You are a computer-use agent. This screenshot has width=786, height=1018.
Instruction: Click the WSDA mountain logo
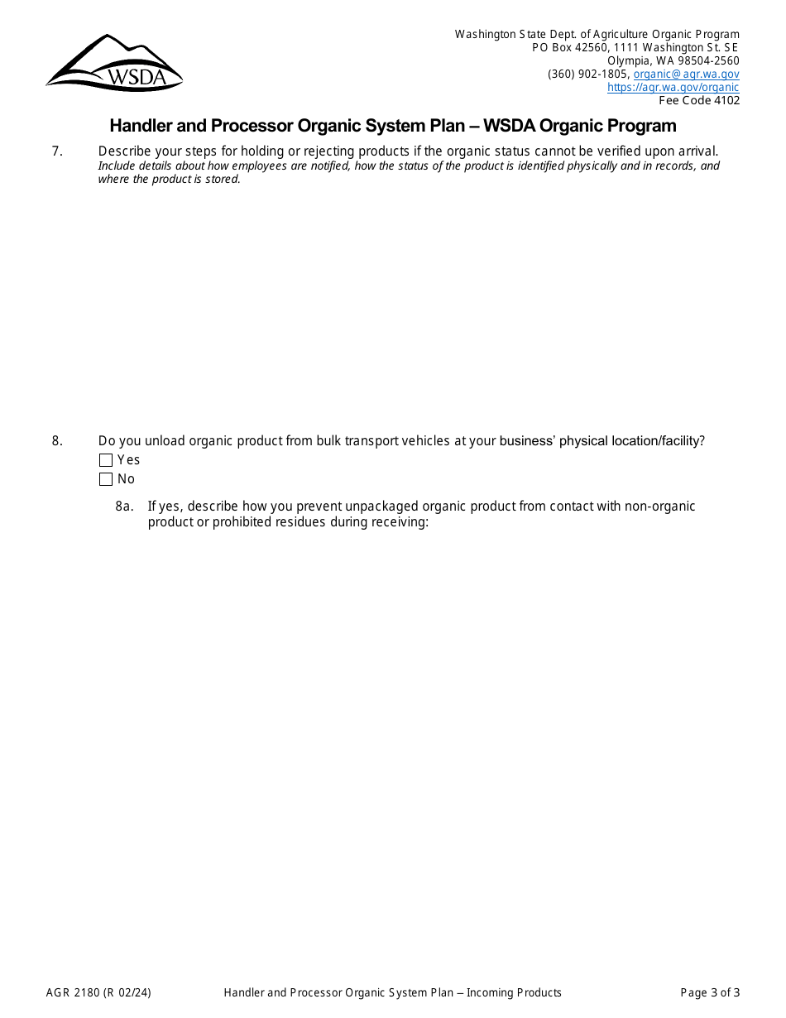[x=114, y=63]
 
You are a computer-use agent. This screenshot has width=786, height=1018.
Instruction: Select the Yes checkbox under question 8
[x=106, y=460]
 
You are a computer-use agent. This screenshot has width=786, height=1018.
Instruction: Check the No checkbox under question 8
[x=106, y=479]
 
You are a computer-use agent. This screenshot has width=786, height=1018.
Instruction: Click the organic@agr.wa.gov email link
[x=686, y=74]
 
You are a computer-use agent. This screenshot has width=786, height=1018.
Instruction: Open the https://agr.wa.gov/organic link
[x=673, y=87]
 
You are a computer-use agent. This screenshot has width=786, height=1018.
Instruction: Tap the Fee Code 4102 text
[x=698, y=100]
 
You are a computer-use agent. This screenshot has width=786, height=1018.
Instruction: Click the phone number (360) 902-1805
[x=587, y=74]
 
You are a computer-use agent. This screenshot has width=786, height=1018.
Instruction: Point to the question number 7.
[x=57, y=151]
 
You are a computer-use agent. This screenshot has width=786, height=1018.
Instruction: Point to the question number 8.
[x=57, y=441]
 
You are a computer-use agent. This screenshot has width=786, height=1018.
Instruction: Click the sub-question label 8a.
[x=124, y=507]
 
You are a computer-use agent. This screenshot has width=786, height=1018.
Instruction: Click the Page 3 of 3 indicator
[x=710, y=992]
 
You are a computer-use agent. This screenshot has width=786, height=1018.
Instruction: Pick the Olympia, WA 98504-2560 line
[x=673, y=60]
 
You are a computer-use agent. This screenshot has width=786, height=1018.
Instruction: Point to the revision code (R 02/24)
[x=127, y=992]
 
